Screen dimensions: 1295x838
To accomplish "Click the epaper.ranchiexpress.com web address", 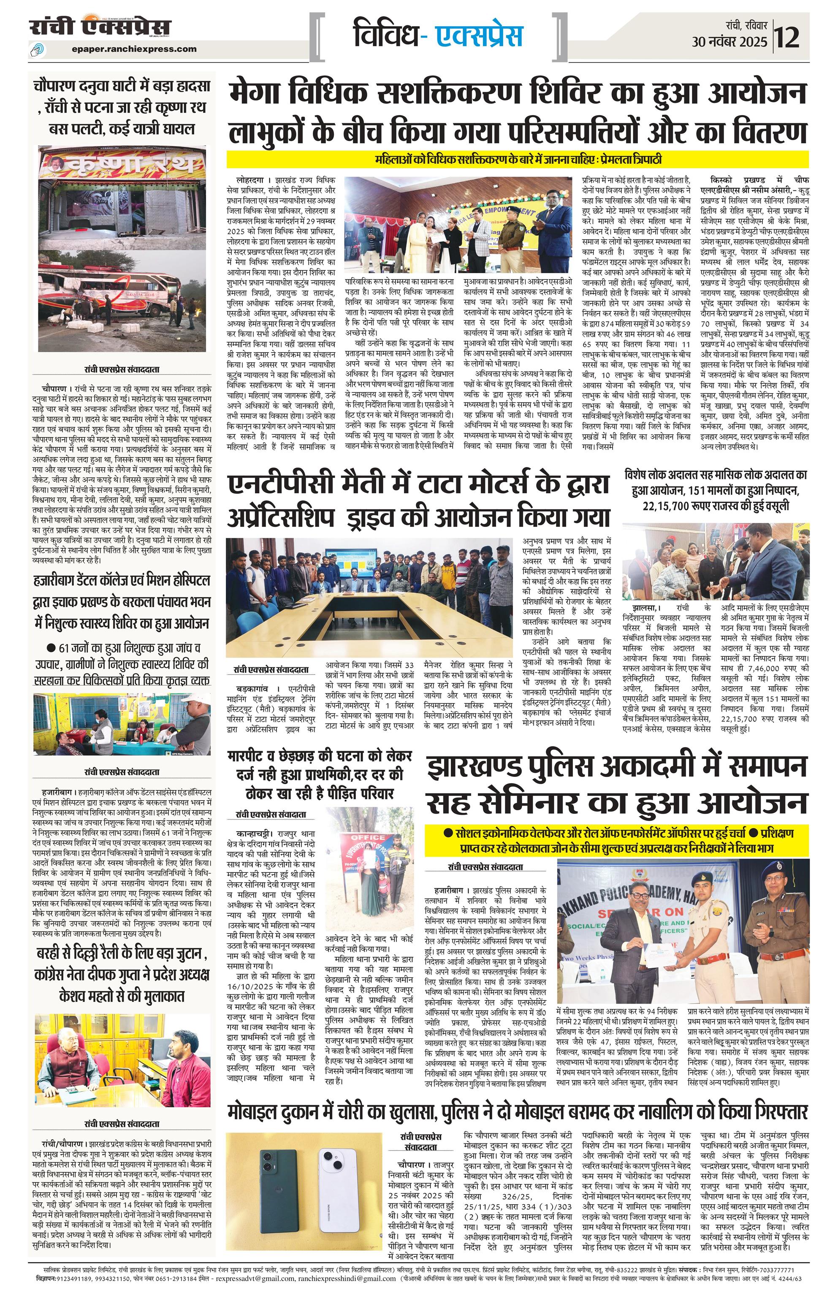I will pos(134,49).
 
